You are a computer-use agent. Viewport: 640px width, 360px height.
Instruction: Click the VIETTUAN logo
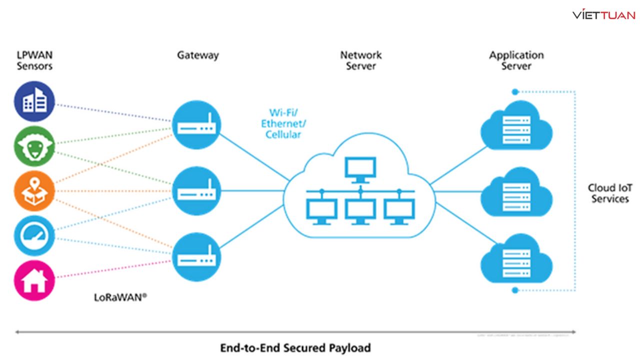[x=603, y=15]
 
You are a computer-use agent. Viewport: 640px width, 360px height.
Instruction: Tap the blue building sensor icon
[x=34, y=101]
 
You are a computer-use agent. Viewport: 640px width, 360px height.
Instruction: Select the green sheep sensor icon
[x=34, y=146]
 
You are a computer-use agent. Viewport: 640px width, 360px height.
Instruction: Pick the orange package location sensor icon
[x=34, y=190]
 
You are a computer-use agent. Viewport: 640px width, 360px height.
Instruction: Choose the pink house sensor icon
[x=34, y=280]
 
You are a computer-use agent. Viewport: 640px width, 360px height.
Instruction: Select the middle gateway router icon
[x=196, y=191]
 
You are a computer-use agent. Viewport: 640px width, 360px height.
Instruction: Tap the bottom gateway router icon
[x=196, y=257]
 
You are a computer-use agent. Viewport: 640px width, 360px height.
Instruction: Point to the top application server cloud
[x=516, y=128]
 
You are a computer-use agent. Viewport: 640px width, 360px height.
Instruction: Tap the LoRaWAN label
[x=120, y=296]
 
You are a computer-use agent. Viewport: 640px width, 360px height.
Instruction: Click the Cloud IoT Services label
[x=610, y=193]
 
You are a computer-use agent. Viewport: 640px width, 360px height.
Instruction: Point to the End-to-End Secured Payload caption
[x=295, y=347]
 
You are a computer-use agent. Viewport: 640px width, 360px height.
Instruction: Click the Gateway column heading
[x=198, y=55]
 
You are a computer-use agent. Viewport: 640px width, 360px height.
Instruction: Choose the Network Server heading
[x=361, y=60]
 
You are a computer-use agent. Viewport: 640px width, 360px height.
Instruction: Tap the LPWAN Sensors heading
[x=34, y=60]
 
